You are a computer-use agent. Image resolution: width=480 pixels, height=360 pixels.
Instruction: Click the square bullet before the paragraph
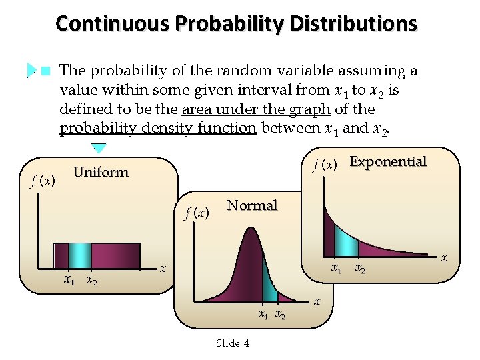pos(45,71)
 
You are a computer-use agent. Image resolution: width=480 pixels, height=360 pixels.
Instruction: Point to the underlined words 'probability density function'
pos(158,127)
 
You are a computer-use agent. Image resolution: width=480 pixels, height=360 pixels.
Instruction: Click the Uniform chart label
pos(101,172)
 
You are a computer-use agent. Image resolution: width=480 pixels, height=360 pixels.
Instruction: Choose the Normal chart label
pos(252,205)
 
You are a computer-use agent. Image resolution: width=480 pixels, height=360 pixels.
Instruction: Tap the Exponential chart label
pos(388,161)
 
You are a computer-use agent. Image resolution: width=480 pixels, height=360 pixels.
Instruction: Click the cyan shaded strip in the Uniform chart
pos(80,255)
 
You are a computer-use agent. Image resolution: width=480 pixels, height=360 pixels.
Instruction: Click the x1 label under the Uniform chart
pos(69,281)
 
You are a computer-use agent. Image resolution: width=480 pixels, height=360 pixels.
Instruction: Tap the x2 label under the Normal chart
pos(281,315)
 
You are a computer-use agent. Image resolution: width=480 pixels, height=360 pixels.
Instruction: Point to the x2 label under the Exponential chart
pos(360,269)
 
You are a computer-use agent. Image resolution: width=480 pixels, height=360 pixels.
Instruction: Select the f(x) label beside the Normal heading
pos(197,213)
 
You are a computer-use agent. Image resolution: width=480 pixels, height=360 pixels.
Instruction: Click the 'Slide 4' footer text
pos(233,343)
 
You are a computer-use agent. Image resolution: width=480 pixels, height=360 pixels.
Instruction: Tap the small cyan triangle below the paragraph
pos(99,148)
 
